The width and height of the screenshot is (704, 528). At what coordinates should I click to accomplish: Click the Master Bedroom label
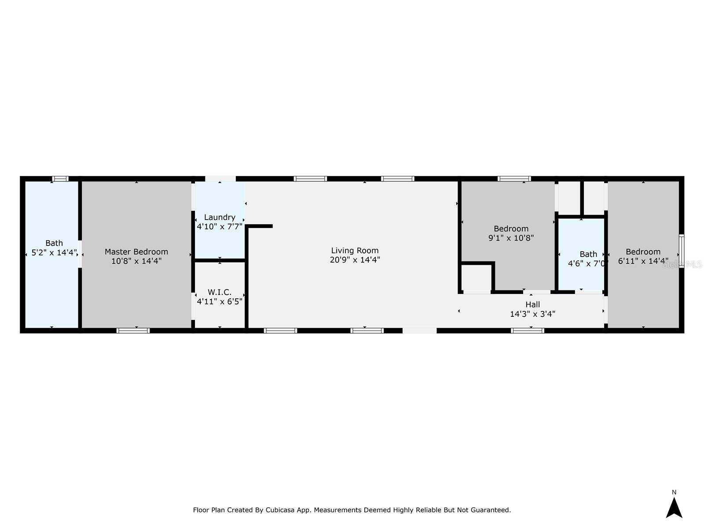[136, 252]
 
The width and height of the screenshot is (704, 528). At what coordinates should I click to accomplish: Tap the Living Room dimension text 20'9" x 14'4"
[355, 260]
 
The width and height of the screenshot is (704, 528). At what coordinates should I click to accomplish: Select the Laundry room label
[220, 217]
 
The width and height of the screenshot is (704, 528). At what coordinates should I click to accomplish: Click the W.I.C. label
[220, 293]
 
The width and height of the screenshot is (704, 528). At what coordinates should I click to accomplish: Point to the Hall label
[532, 304]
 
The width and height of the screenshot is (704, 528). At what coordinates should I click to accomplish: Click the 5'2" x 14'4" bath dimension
[54, 253]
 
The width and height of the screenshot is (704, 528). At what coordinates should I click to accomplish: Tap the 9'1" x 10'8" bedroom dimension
[511, 238]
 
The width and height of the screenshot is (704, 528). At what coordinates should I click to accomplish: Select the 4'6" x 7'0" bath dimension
[588, 264]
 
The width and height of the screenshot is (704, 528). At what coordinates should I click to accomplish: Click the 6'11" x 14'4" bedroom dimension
[643, 261]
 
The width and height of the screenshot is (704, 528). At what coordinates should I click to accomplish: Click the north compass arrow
[674, 508]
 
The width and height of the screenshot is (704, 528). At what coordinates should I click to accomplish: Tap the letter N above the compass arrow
[674, 492]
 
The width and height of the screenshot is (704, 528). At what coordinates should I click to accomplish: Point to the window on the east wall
[681, 251]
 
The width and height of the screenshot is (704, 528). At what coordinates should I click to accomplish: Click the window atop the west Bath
[60, 179]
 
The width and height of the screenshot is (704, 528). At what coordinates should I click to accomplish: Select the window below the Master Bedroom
[133, 330]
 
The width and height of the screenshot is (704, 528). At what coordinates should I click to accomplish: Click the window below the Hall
[527, 330]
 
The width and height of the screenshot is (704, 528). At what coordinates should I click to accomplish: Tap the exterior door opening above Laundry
[220, 179]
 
